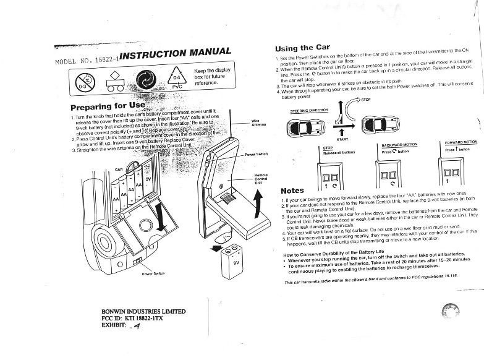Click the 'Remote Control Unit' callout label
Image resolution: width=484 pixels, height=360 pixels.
click(x=261, y=179)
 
